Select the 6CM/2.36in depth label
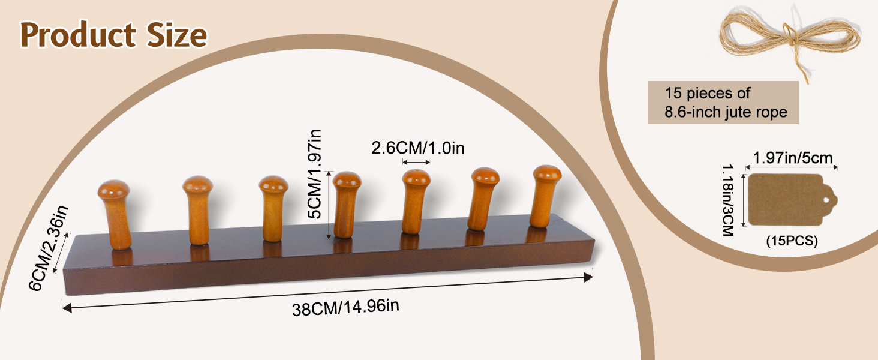click(x=50, y=247)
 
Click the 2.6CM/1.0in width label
click(x=417, y=148)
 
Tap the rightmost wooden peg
click(x=546, y=196)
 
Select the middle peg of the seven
click(x=347, y=204)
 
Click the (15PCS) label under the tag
click(x=792, y=241)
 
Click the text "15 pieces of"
click(x=708, y=94)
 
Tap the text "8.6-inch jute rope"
click(x=726, y=112)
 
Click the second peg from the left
click(x=198, y=210)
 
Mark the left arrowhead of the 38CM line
click(x=67, y=308)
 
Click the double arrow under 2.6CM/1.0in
click(x=416, y=163)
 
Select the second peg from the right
click(x=484, y=198)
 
